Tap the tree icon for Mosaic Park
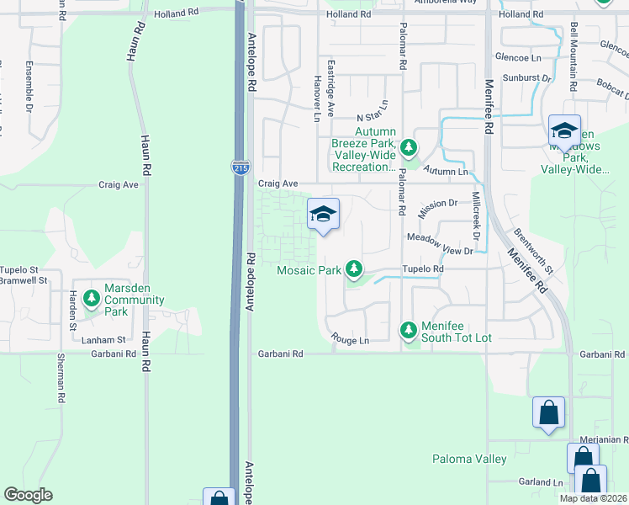pos(355,269)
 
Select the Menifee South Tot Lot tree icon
pos(409,329)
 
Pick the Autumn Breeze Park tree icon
pos(409,148)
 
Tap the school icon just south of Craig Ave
pos(323,215)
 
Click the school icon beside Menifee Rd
pos(564,131)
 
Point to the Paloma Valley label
pos(469,459)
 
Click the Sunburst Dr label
pos(526,78)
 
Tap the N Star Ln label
pos(373,113)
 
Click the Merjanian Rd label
pos(604,439)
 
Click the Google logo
pos(28,495)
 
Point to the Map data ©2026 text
pos(593,498)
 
